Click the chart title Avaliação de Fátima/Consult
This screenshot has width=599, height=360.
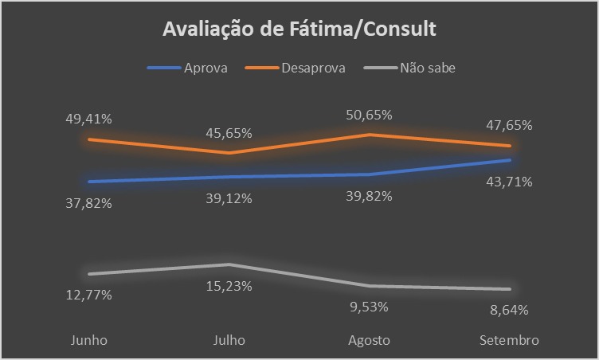[x=299, y=30]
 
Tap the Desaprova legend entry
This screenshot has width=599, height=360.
[x=312, y=68]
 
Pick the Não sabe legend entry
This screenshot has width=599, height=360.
[x=427, y=68]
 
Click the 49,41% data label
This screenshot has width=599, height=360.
[x=88, y=119]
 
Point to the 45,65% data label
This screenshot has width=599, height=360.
[x=229, y=132]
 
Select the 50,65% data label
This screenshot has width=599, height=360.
[x=370, y=115]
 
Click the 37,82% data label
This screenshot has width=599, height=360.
[x=88, y=202]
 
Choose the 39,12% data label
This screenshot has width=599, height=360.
[x=229, y=198]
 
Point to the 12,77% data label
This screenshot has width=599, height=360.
[x=88, y=295]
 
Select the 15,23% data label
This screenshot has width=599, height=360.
[x=229, y=286]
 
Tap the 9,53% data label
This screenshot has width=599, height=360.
[x=370, y=306]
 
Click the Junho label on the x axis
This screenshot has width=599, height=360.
[x=88, y=340]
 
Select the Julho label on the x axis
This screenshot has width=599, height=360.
[x=229, y=340]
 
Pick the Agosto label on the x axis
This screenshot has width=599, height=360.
[x=370, y=340]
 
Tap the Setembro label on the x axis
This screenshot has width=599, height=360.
[x=510, y=340]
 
